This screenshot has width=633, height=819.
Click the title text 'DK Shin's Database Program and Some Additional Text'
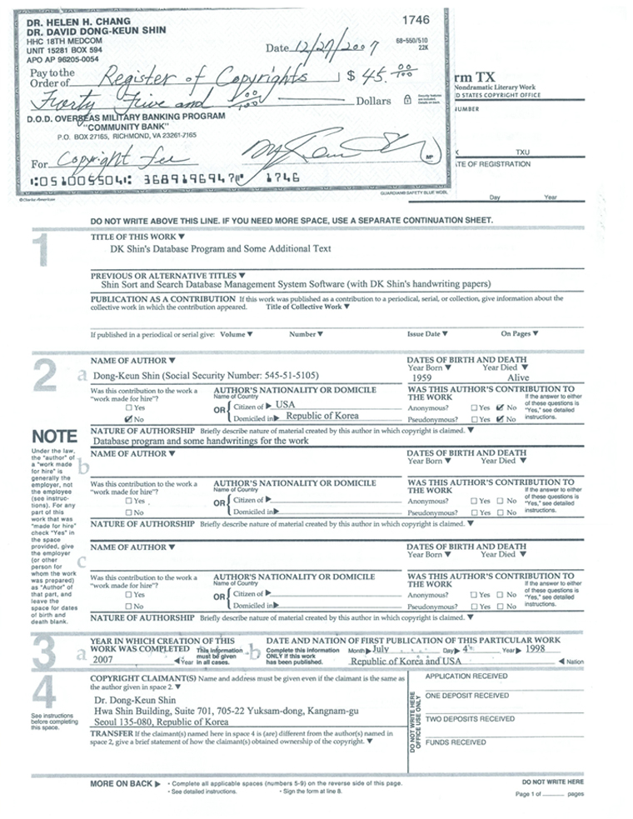click(x=221, y=248)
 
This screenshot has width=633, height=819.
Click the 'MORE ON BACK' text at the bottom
click(x=122, y=784)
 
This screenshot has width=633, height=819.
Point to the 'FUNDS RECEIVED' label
click(x=456, y=741)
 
